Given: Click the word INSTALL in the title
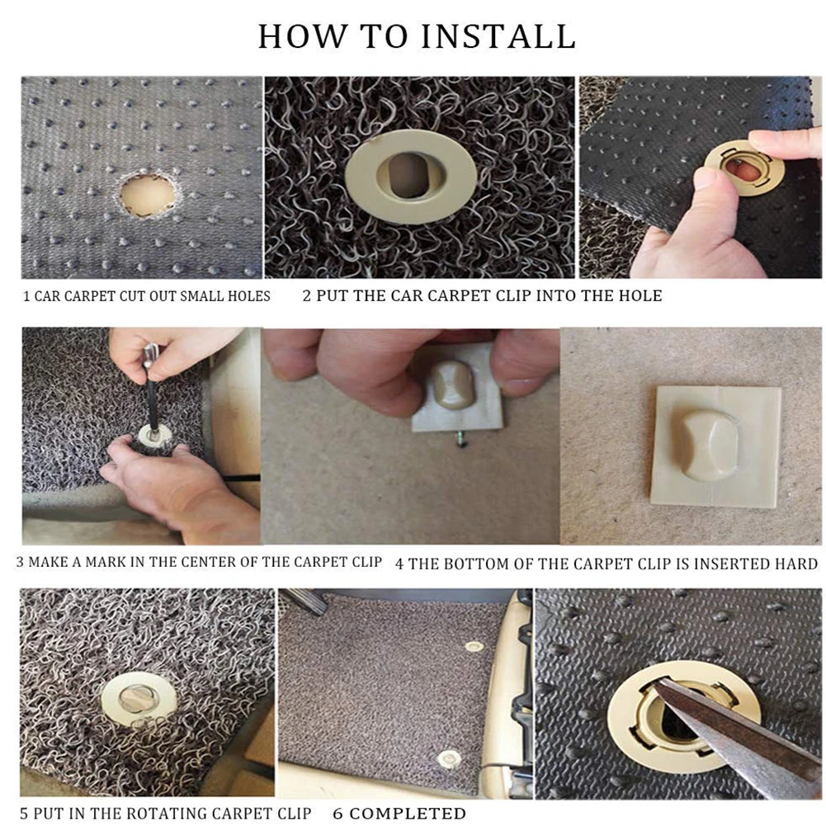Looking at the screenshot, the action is click(x=498, y=36).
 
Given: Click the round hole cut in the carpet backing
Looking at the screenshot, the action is click(x=148, y=194).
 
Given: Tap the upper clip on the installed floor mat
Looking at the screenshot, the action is click(x=474, y=646).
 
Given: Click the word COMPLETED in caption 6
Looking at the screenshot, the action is click(x=407, y=814).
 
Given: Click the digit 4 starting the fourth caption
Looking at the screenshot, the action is click(x=399, y=564).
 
